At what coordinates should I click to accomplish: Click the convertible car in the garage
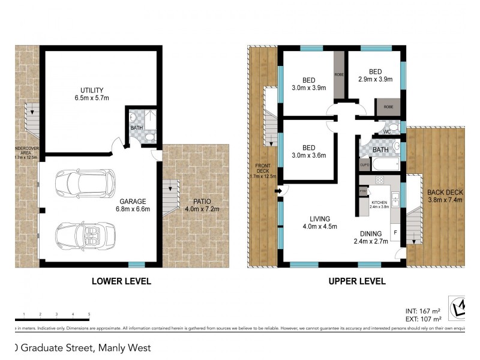click(x=85, y=235)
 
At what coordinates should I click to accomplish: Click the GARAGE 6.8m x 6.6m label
click(x=134, y=205)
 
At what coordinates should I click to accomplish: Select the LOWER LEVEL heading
click(x=121, y=281)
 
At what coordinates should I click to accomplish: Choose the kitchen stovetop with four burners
click(x=379, y=180)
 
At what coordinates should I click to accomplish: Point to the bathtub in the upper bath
click(x=385, y=164)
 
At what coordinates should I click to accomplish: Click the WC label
click(x=387, y=131)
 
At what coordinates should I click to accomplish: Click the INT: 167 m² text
click(x=423, y=311)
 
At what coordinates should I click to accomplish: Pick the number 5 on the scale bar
click(x=89, y=314)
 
